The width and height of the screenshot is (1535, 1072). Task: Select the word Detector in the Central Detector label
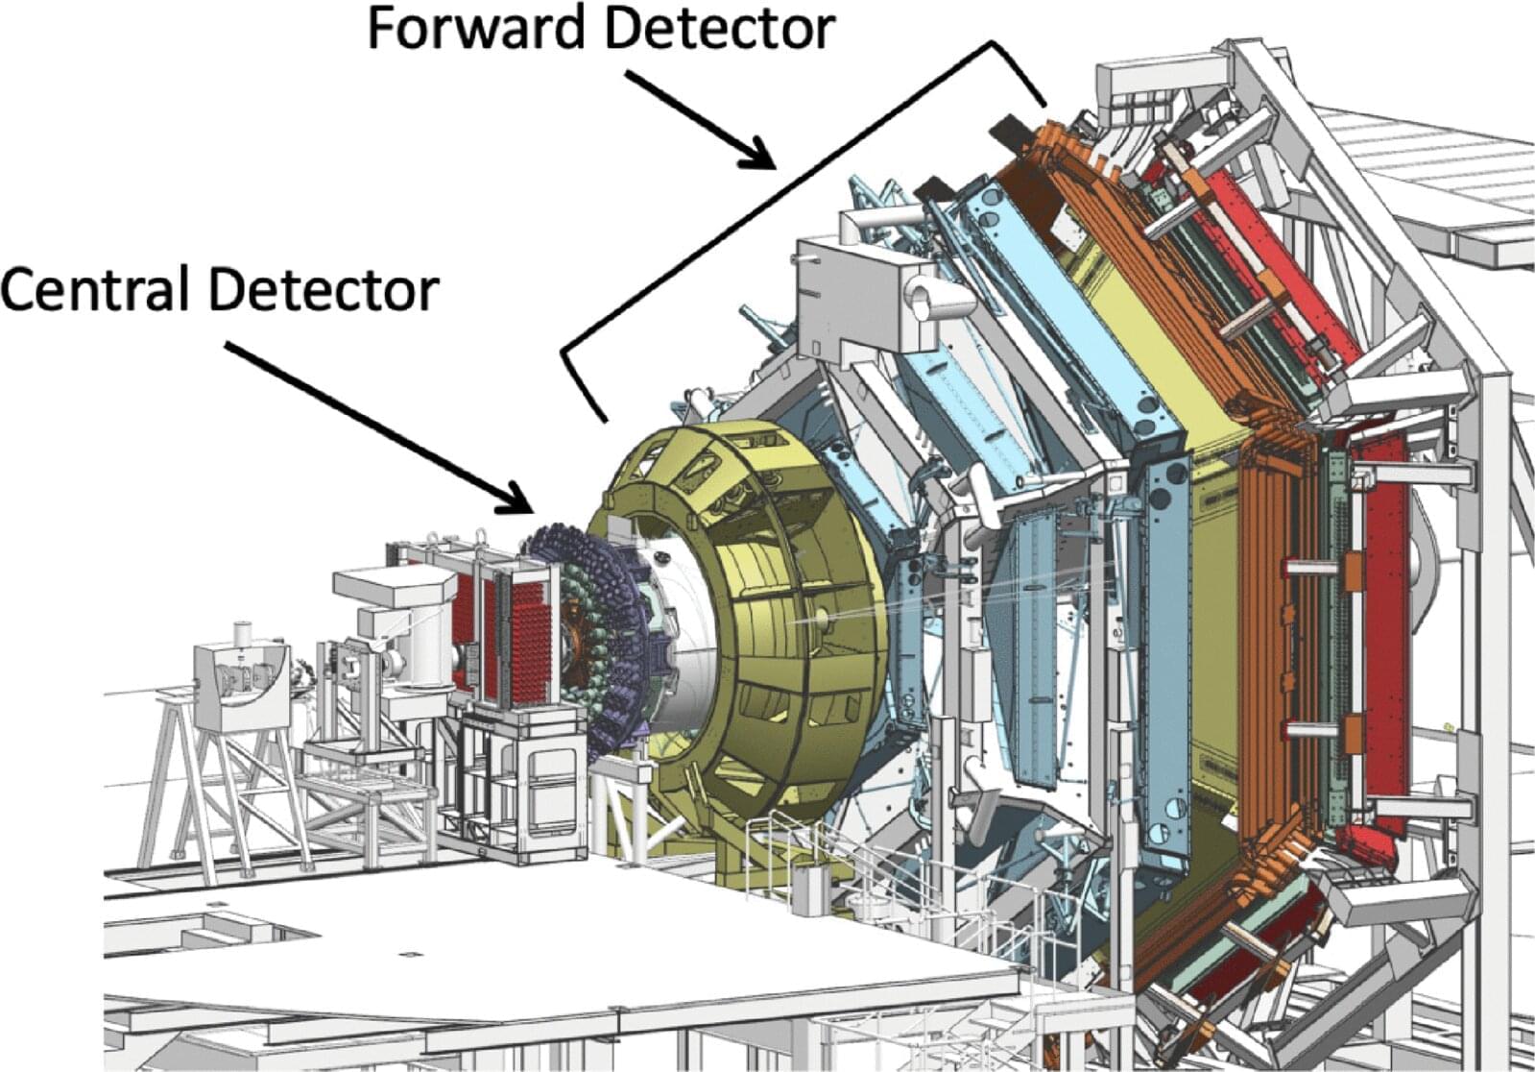tap(324, 290)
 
